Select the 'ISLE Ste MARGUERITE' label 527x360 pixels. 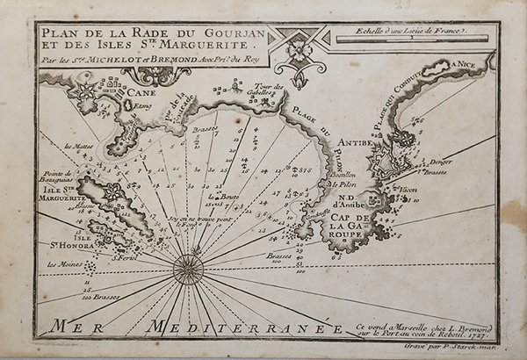coord(62,192)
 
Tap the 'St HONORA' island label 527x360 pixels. coord(74,241)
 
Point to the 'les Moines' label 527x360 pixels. coord(63,264)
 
